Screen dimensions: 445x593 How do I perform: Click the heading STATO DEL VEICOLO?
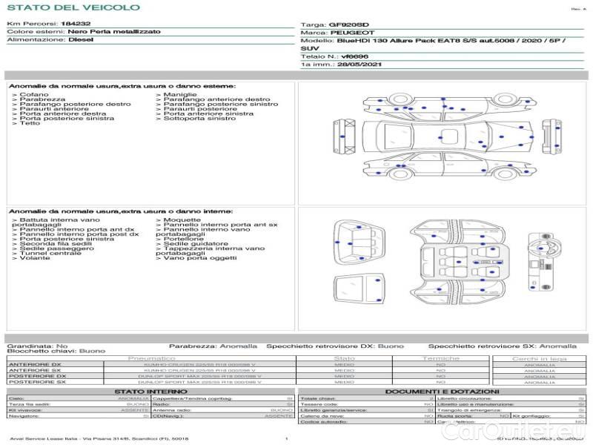click(x=73, y=8)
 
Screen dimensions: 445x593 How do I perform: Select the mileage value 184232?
click(x=76, y=24)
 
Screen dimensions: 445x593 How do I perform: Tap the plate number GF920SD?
click(x=348, y=24)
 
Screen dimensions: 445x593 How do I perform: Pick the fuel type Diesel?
click(x=82, y=40)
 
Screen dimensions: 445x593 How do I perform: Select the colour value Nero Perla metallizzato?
click(x=113, y=33)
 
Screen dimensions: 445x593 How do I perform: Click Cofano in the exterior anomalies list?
click(x=34, y=95)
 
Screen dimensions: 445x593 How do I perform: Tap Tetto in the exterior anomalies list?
click(x=30, y=123)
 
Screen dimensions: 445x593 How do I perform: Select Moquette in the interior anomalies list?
click(x=182, y=220)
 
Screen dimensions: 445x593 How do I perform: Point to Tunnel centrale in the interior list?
click(x=50, y=253)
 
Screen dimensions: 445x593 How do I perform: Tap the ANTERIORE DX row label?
click(x=35, y=364)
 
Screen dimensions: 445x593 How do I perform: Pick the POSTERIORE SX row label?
click(x=36, y=382)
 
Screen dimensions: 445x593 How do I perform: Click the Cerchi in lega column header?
click(x=539, y=358)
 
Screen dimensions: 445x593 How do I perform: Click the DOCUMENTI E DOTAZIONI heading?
click(x=441, y=391)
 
